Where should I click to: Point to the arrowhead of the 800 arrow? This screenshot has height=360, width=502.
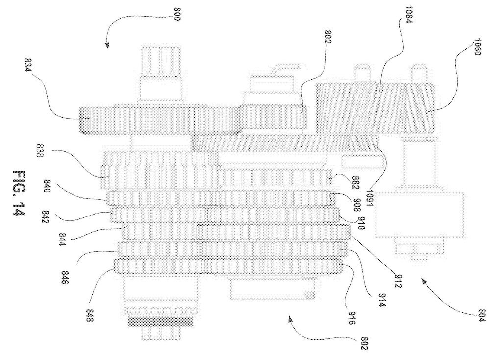click(107, 47)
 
